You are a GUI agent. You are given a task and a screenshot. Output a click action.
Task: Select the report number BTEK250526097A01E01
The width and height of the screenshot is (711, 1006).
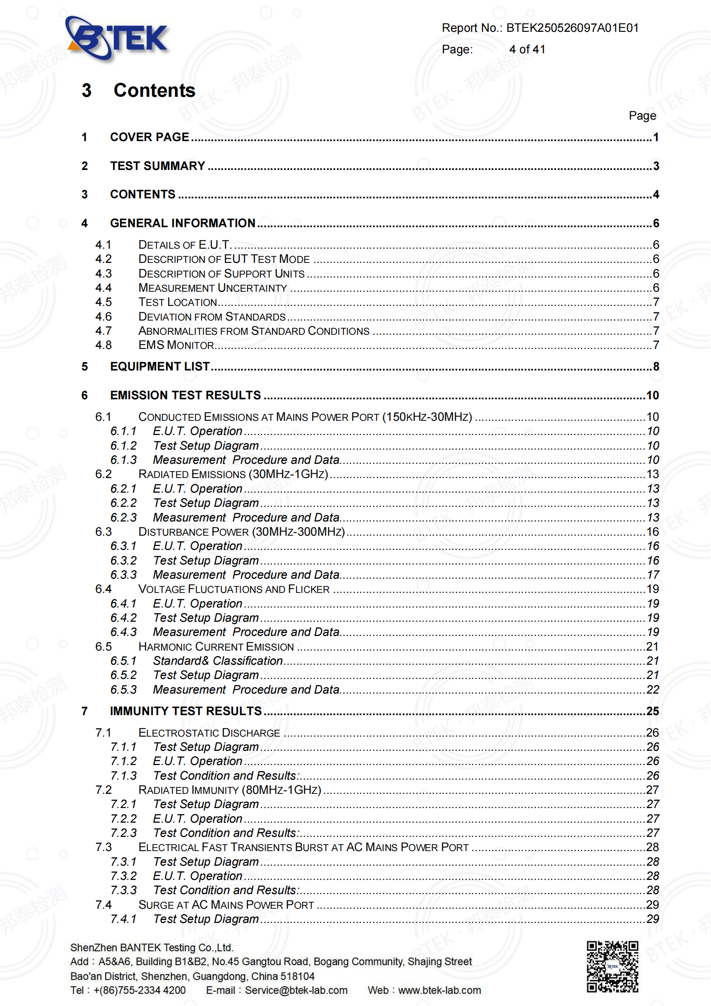click(x=572, y=28)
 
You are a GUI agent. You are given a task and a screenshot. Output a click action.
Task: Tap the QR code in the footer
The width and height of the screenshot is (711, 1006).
click(x=612, y=966)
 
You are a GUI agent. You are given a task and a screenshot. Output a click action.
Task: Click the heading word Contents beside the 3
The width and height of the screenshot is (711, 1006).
click(x=155, y=91)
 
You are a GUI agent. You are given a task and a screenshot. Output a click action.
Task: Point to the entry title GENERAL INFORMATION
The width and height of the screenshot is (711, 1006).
click(x=183, y=223)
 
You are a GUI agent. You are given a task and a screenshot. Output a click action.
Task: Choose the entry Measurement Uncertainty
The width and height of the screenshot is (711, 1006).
click(x=213, y=288)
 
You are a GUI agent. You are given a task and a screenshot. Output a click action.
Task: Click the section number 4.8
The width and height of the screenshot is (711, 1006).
click(x=103, y=345)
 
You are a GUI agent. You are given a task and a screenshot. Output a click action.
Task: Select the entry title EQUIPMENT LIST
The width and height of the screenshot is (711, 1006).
click(x=160, y=367)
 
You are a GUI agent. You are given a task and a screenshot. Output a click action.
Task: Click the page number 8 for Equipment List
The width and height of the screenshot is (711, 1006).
click(x=656, y=367)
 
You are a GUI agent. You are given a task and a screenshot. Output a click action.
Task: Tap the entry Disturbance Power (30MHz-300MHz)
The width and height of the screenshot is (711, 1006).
click(x=242, y=532)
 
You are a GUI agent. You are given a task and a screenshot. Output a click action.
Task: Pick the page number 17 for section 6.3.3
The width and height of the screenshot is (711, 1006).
click(x=653, y=575)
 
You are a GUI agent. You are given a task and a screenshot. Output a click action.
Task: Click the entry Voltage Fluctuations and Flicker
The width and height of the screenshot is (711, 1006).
click(x=234, y=589)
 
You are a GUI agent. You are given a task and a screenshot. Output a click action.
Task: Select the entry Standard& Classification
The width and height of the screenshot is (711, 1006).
click(x=218, y=661)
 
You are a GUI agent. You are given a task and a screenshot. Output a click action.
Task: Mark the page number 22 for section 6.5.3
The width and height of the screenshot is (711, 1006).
click(x=653, y=690)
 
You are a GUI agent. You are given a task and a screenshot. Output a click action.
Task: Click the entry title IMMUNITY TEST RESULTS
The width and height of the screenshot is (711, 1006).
click(x=186, y=711)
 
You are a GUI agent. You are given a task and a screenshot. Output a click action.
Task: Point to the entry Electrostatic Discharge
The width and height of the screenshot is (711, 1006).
click(x=209, y=733)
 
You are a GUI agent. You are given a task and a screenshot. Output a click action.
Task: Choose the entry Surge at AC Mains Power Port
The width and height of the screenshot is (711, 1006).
click(x=226, y=905)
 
